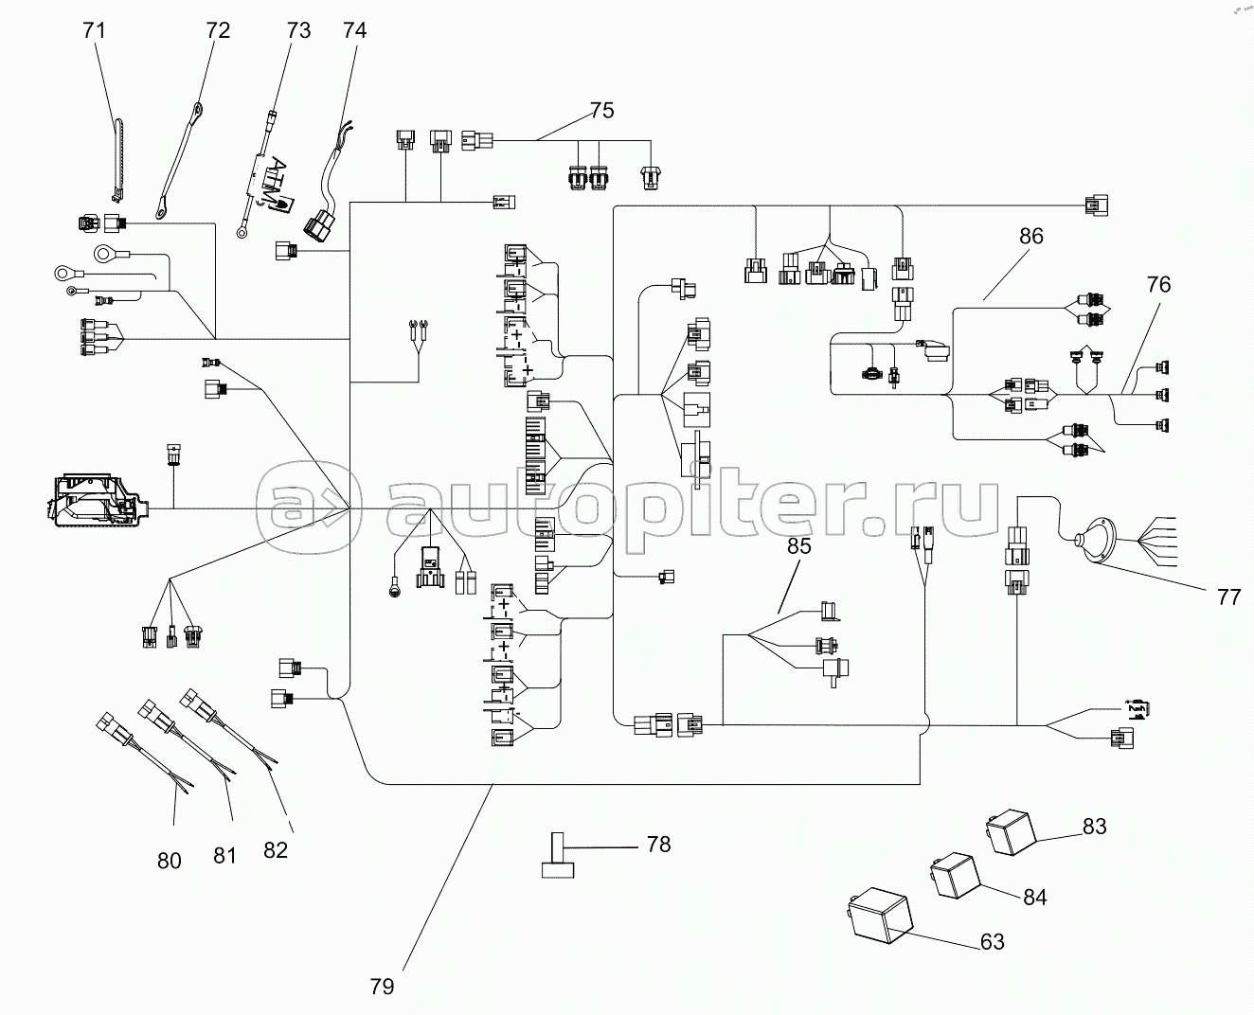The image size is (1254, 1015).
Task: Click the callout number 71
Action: point(94,30)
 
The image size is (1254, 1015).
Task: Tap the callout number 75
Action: point(601,110)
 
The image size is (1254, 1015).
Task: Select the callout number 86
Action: point(1030,236)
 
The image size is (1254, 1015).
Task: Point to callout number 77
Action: point(1228,597)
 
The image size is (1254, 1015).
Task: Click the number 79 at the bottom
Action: point(382,987)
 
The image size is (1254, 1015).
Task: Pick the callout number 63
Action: point(992,942)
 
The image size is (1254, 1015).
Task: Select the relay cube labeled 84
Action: point(955,876)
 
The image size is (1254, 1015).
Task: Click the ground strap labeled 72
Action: point(178,161)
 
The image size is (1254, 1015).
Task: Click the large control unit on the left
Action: point(98,500)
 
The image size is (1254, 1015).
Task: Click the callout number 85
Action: point(799,546)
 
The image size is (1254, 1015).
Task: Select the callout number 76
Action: point(1158,285)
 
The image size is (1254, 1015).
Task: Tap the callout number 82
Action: point(276,850)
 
